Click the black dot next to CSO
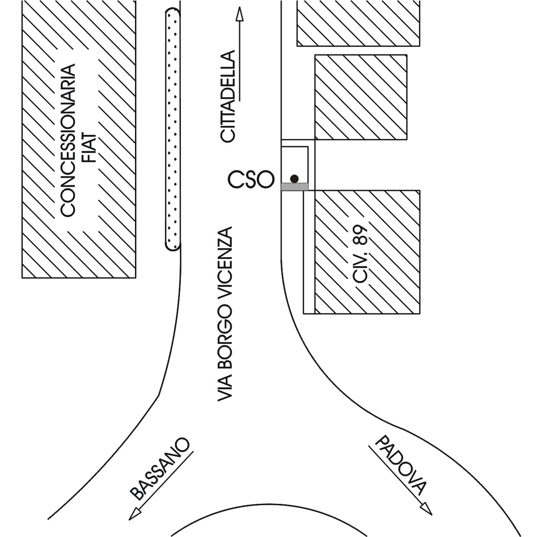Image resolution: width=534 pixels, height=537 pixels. pyautogui.click(x=294, y=179)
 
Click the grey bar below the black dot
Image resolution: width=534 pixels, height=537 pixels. pyautogui.click(x=294, y=187)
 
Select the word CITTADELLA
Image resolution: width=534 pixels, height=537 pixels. pyautogui.click(x=228, y=96)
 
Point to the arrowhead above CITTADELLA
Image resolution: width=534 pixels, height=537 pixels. pyautogui.click(x=240, y=14)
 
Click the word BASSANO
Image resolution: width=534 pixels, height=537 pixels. pyautogui.click(x=160, y=468)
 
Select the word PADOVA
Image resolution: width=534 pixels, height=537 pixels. pyautogui.click(x=400, y=465)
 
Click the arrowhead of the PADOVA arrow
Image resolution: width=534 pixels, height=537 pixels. pyautogui.click(x=427, y=508)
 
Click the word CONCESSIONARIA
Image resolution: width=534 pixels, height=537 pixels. pyautogui.click(x=68, y=140)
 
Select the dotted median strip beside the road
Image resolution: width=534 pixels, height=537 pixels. pyautogui.click(x=173, y=130)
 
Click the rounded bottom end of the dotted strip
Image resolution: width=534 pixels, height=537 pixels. pyautogui.click(x=173, y=248)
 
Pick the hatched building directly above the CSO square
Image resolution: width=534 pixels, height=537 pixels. pyautogui.click(x=361, y=97)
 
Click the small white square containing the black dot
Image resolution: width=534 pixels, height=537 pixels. pyautogui.click(x=294, y=165)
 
